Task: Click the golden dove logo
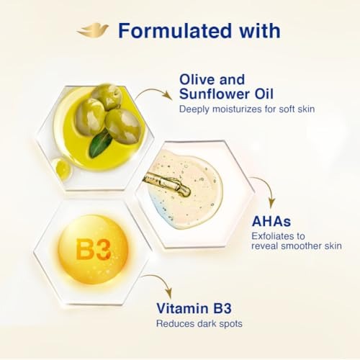(93, 30)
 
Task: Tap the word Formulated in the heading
(175, 31)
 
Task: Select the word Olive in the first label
(197, 79)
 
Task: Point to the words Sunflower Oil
(226, 94)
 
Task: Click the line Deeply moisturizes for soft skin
(247, 109)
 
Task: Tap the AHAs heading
(271, 221)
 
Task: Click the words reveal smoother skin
(297, 246)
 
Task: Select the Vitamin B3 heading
(194, 308)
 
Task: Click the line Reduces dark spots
(199, 324)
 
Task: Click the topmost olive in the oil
(107, 96)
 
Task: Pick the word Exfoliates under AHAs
(278, 236)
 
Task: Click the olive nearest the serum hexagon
(122, 125)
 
